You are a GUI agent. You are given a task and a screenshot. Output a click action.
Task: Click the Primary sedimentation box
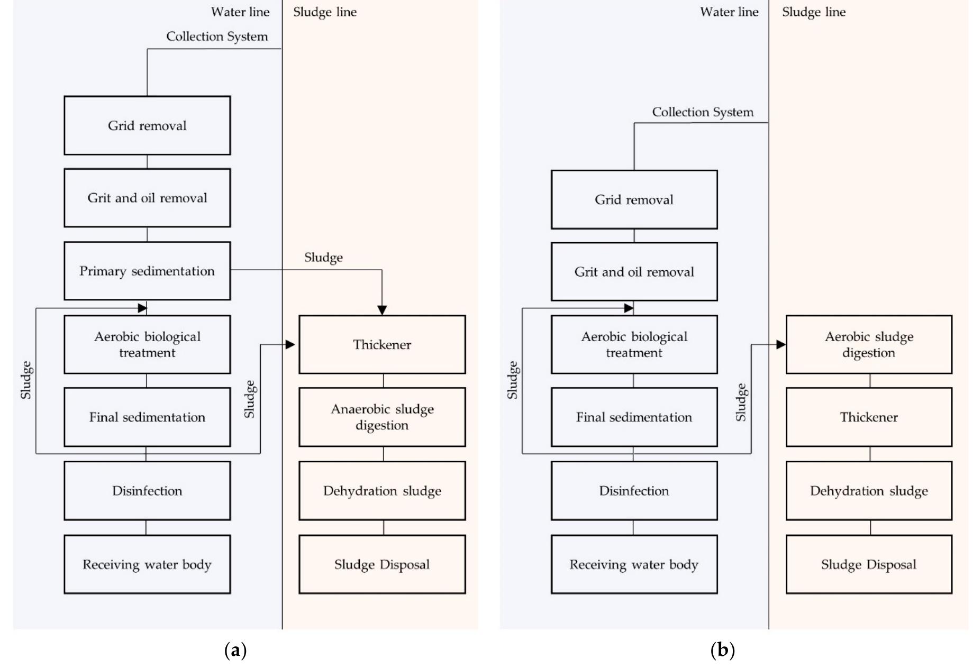coord(147,271)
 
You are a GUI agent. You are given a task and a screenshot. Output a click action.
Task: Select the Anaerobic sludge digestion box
coord(382,417)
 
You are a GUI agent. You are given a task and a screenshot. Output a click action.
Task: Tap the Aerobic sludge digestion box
coord(869,344)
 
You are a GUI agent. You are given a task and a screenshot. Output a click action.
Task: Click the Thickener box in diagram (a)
coord(382,344)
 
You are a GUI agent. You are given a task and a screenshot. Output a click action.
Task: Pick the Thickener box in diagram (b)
coord(869,417)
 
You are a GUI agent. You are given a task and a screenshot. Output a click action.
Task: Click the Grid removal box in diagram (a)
coord(147,125)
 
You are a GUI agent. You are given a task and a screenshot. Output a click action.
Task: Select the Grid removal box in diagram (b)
coord(634,199)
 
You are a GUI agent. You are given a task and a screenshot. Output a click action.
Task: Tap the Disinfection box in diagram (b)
coord(634,490)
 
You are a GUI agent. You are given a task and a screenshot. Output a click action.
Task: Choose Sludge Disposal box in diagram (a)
coord(382,564)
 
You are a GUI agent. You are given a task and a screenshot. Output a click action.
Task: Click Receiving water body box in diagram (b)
coord(634,564)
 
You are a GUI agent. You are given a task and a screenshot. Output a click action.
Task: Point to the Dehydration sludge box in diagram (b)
coord(869,490)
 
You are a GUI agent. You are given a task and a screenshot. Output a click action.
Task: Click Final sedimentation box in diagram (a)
coord(147,417)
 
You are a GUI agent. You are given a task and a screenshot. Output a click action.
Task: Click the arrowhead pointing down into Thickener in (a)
coord(382,310)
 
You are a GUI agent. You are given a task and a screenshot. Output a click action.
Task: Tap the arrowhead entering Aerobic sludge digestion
coord(781,344)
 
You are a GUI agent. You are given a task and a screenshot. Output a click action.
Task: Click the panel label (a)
coord(235,649)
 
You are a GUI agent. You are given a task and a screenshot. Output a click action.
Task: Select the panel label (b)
coord(723,649)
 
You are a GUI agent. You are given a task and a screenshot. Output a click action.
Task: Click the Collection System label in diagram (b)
coord(703,112)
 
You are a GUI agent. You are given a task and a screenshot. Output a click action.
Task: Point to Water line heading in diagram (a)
coord(240,12)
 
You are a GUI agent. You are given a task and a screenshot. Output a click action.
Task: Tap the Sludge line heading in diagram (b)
coord(814,12)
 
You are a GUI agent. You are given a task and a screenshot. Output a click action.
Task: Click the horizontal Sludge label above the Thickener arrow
coord(323,258)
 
